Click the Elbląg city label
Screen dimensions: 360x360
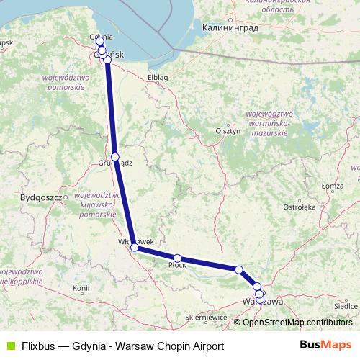tap(157, 76)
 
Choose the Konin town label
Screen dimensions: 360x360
tap(82, 288)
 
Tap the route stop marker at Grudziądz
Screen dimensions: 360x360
tap(115, 156)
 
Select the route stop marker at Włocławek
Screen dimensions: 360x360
tap(135, 248)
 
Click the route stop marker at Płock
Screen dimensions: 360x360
tap(177, 258)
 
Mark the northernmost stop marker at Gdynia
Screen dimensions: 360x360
tap(100, 41)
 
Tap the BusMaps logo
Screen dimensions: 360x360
tap(325, 345)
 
